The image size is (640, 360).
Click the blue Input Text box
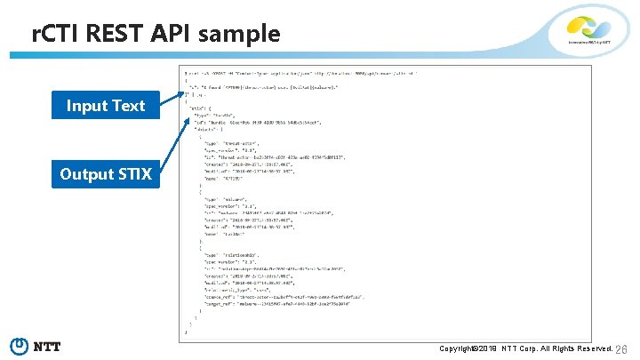105,106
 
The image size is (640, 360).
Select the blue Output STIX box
106,174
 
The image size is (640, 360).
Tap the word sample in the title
239,35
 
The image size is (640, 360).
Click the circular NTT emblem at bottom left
19,346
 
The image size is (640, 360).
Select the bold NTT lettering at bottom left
47,347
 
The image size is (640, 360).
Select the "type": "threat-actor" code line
236,142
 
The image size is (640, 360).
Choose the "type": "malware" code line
228,200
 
